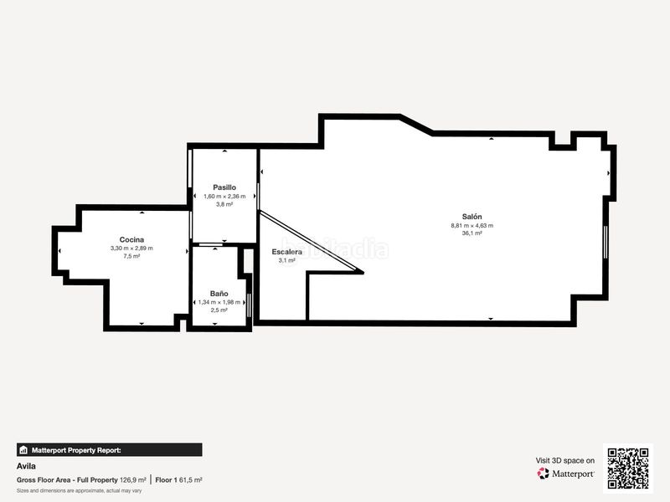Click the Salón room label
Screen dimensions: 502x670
pyautogui.click(x=472, y=216)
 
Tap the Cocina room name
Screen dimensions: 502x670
pyautogui.click(x=131, y=239)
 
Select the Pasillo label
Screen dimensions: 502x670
pyautogui.click(x=224, y=187)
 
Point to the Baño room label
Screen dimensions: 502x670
pyautogui.click(x=219, y=294)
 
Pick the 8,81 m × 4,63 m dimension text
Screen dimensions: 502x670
pyautogui.click(x=472, y=225)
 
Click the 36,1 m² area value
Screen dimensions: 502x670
pyautogui.click(x=472, y=233)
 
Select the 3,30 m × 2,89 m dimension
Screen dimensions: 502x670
pyautogui.click(x=131, y=248)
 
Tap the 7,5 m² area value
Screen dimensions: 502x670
pyautogui.click(x=131, y=257)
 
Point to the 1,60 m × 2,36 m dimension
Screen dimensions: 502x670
pyautogui.click(x=224, y=196)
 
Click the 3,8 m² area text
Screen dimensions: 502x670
pyautogui.click(x=224, y=204)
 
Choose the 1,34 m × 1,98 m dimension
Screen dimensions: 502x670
pyautogui.click(x=219, y=302)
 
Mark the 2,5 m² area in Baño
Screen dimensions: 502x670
pyautogui.click(x=219, y=310)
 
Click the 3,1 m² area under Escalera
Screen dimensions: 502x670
pyautogui.click(x=287, y=260)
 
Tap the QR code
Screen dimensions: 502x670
pyautogui.click(x=628, y=469)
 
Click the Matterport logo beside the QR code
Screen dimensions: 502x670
pyautogui.click(x=566, y=474)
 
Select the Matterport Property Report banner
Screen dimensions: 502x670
pyautogui.click(x=109, y=450)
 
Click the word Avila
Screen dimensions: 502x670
pyautogui.click(x=25, y=467)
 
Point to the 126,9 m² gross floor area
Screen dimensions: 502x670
pyautogui.click(x=133, y=480)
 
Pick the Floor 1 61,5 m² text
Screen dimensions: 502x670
pyautogui.click(x=178, y=480)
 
